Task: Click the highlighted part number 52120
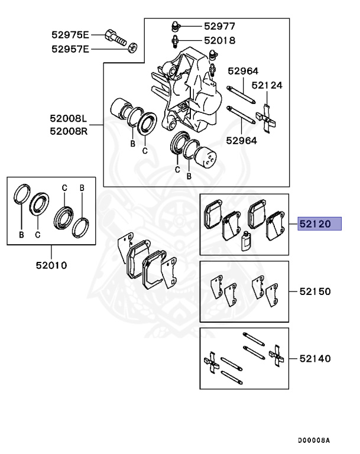[x=320, y=224]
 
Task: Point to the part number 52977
[x=219, y=26]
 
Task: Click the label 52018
[x=219, y=41]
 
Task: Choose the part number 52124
[x=267, y=85]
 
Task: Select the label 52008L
[x=69, y=119]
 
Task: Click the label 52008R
[x=69, y=130]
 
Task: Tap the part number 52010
[x=51, y=265]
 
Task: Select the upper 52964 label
[x=242, y=71]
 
